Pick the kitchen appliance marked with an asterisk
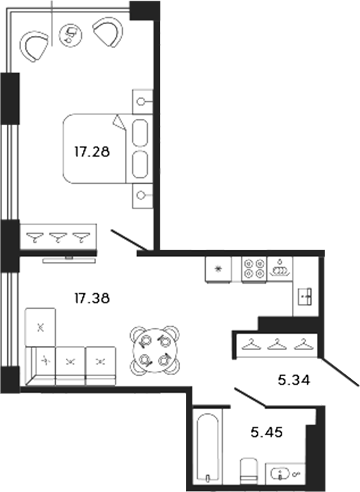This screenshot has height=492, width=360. (x=217, y=269)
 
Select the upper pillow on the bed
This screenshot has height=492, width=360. (x=140, y=132)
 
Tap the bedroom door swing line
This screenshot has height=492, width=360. (x=131, y=241)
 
